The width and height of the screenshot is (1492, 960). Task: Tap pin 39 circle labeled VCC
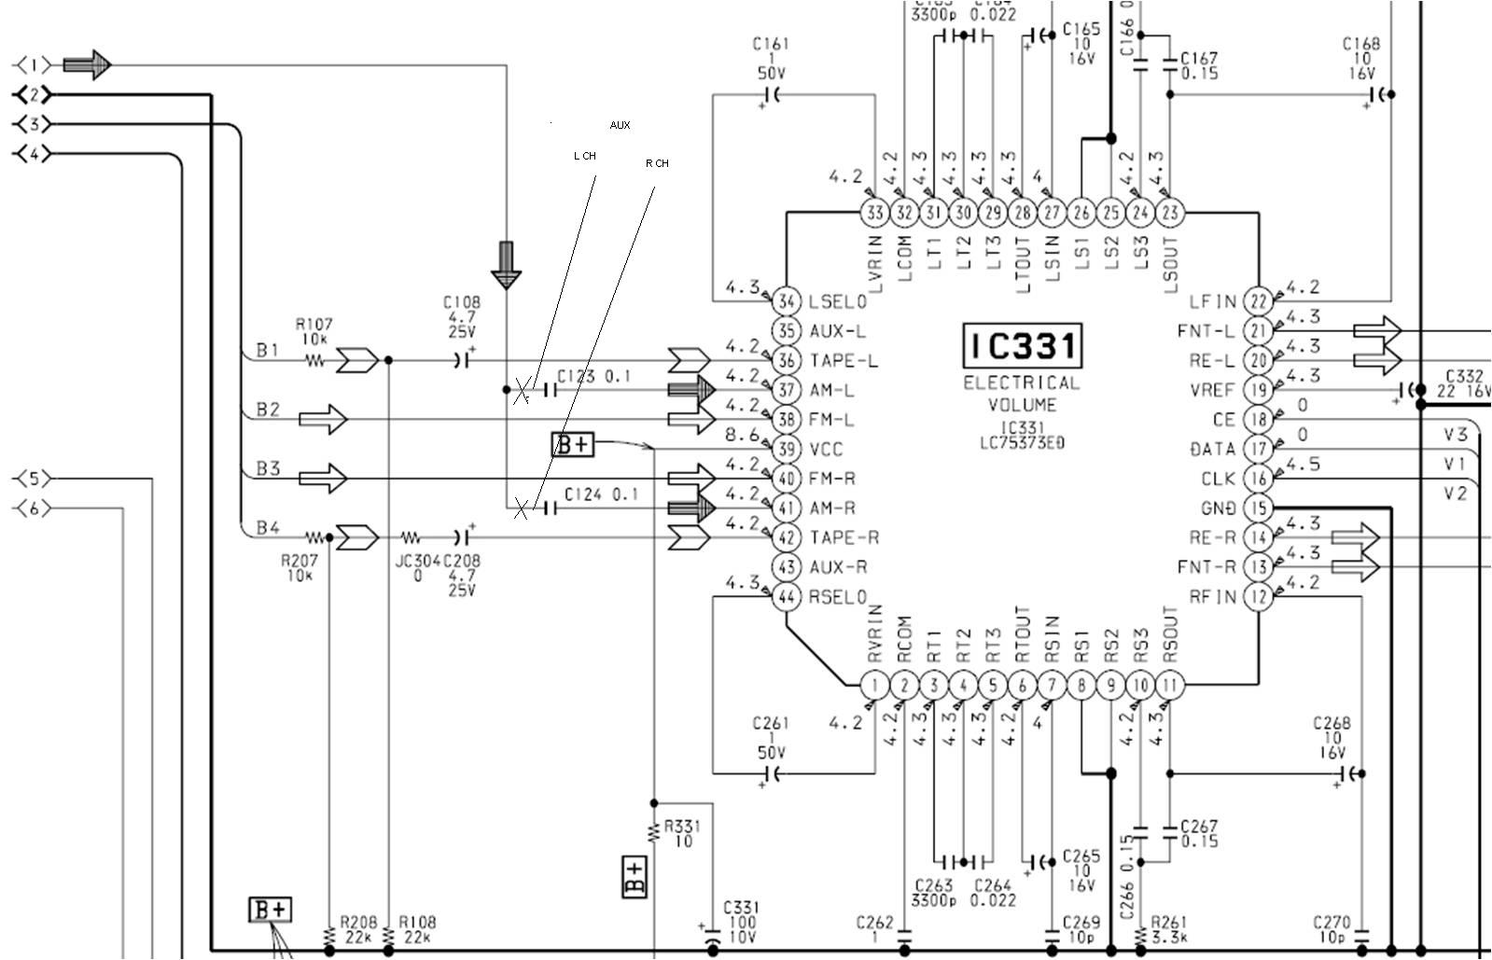(x=788, y=450)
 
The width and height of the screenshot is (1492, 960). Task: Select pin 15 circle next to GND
(x=1260, y=508)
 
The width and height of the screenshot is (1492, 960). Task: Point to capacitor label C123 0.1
(x=593, y=377)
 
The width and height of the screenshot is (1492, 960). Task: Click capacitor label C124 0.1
(x=600, y=494)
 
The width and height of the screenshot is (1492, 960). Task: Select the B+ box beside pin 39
(x=573, y=445)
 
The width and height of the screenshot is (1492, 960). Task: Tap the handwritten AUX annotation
(x=620, y=125)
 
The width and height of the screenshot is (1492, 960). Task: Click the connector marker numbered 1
(x=34, y=65)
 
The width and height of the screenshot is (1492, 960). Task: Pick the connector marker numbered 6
(x=34, y=508)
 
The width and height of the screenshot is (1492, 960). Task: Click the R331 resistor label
(x=682, y=833)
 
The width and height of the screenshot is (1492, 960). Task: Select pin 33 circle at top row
(x=874, y=213)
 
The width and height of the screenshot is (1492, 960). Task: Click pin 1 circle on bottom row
(x=874, y=687)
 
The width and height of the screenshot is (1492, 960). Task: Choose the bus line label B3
(x=268, y=468)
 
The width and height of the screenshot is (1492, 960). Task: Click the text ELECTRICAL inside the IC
(x=1021, y=383)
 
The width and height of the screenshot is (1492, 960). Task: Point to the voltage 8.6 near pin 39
(x=743, y=435)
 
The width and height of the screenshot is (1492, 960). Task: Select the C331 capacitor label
(x=741, y=922)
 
